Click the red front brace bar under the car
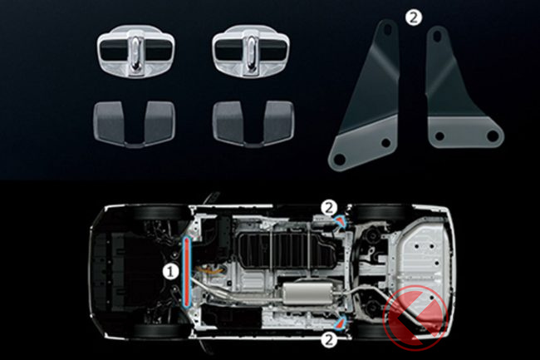click(187, 272)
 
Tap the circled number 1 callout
click(170, 272)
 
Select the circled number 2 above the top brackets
click(413, 17)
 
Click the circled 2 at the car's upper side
click(329, 208)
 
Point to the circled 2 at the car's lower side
click(329, 340)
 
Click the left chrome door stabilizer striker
click(135, 51)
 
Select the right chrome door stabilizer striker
click(251, 51)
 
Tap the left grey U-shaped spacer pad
click(135, 124)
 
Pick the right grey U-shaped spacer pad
click(253, 124)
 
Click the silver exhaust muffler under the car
click(307, 293)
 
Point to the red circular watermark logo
click(415, 318)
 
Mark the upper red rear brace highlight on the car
click(341, 222)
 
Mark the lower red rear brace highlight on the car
click(341, 323)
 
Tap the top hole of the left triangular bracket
click(388, 30)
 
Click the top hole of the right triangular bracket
click(438, 36)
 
